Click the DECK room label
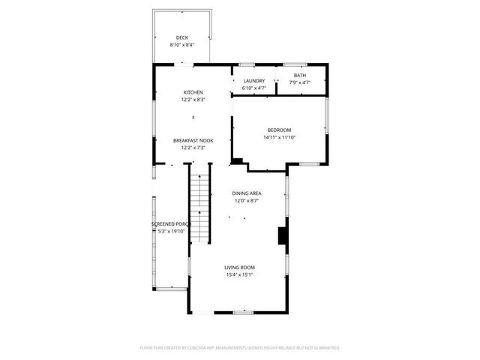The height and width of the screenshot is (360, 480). pyautogui.click(x=182, y=37)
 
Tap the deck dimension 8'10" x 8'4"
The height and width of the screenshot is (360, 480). pyautogui.click(x=182, y=45)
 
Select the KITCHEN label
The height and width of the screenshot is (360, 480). pyautogui.click(x=193, y=92)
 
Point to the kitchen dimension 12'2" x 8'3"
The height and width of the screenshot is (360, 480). pyautogui.click(x=193, y=100)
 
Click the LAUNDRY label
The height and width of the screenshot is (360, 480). pyautogui.click(x=254, y=81)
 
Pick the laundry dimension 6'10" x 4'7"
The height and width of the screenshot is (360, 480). pyautogui.click(x=254, y=88)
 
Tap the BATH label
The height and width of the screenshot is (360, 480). pyautogui.click(x=300, y=75)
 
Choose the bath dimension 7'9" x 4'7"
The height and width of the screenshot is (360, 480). pyautogui.click(x=300, y=82)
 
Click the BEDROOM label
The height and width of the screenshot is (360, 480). pyautogui.click(x=280, y=130)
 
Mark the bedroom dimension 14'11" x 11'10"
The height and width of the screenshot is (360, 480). pyautogui.click(x=280, y=137)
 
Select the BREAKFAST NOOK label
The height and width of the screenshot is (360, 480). pyautogui.click(x=193, y=140)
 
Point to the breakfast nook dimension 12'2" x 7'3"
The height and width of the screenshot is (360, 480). pyautogui.click(x=193, y=148)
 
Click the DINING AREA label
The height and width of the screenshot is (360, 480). pyautogui.click(x=247, y=193)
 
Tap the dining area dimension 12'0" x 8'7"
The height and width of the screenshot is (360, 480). pyautogui.click(x=247, y=201)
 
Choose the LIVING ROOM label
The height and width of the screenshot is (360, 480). pyautogui.click(x=240, y=268)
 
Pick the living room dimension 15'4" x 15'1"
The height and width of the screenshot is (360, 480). pyautogui.click(x=240, y=275)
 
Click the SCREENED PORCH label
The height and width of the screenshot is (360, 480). pyautogui.click(x=172, y=224)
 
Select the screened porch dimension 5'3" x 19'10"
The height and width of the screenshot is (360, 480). pyautogui.click(x=172, y=232)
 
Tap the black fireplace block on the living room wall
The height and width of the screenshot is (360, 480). pyautogui.click(x=282, y=236)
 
